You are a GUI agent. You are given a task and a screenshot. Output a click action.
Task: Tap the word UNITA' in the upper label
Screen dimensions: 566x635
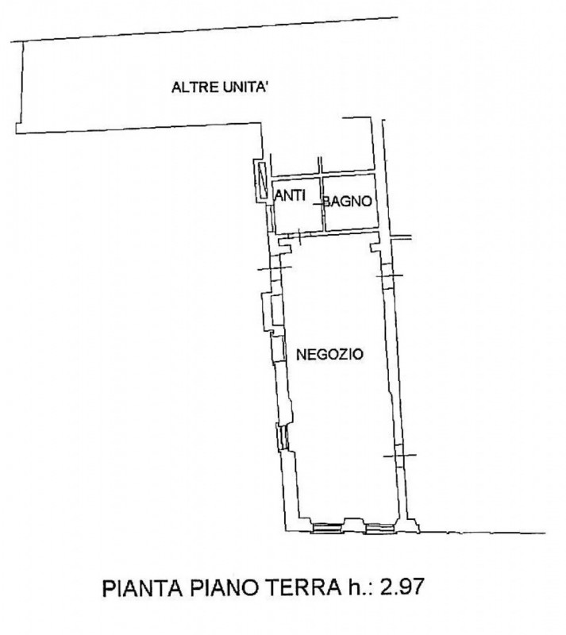pyautogui.click(x=245, y=87)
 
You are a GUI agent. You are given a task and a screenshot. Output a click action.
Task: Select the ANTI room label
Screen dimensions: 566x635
pyautogui.click(x=290, y=195)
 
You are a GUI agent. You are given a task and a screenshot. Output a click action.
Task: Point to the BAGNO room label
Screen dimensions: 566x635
pyautogui.click(x=348, y=202)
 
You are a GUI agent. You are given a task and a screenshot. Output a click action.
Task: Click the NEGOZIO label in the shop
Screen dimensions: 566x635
pyautogui.click(x=329, y=355)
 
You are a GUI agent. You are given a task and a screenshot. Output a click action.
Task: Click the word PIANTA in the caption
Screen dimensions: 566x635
pyautogui.click(x=142, y=587)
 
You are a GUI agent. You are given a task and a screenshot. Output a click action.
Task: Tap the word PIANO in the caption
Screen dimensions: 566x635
pyautogui.click(x=222, y=587)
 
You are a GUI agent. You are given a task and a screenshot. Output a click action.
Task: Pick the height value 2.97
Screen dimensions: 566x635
pyautogui.click(x=401, y=587)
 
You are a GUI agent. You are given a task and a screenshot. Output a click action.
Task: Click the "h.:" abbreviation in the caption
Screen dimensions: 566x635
pyautogui.click(x=358, y=587)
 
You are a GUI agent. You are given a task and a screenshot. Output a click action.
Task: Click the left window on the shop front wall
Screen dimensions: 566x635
pyautogui.click(x=327, y=528)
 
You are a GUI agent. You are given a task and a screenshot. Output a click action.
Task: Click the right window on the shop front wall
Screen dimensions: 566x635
pyautogui.click(x=379, y=528)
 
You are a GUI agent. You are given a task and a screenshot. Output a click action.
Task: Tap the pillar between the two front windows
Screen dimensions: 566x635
pyautogui.click(x=353, y=525)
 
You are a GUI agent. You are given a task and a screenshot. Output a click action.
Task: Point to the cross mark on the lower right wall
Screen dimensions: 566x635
pyautogui.click(x=400, y=455)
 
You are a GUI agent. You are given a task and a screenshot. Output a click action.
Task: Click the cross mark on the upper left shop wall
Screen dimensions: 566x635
pyautogui.click(x=275, y=267)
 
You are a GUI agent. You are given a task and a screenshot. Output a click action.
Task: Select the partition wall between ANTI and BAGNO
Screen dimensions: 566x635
pyautogui.click(x=322, y=203)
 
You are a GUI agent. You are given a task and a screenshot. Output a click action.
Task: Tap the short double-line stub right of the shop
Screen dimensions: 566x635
pyautogui.click(x=401, y=237)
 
